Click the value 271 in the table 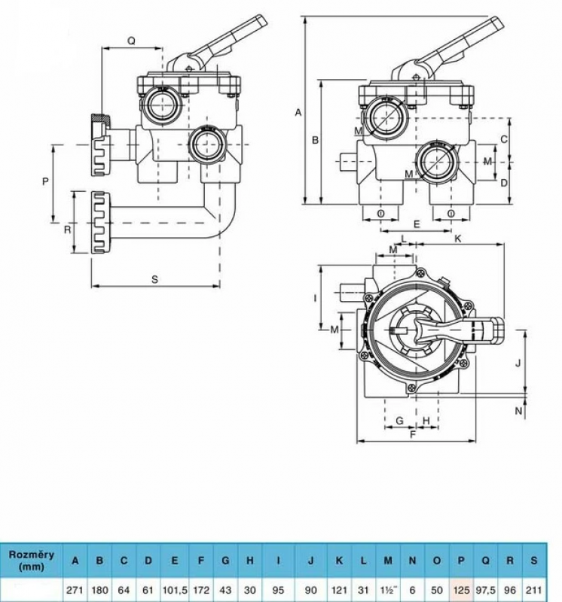(x=75, y=587)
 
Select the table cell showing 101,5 (x=175, y=587)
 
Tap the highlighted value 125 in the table (x=462, y=587)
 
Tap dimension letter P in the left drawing (x=46, y=181)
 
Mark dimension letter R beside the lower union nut (x=67, y=228)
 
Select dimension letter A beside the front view (x=298, y=113)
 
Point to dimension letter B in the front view (x=316, y=140)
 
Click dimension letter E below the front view (x=417, y=225)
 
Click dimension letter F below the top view (x=413, y=434)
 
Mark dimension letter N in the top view (x=518, y=410)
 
